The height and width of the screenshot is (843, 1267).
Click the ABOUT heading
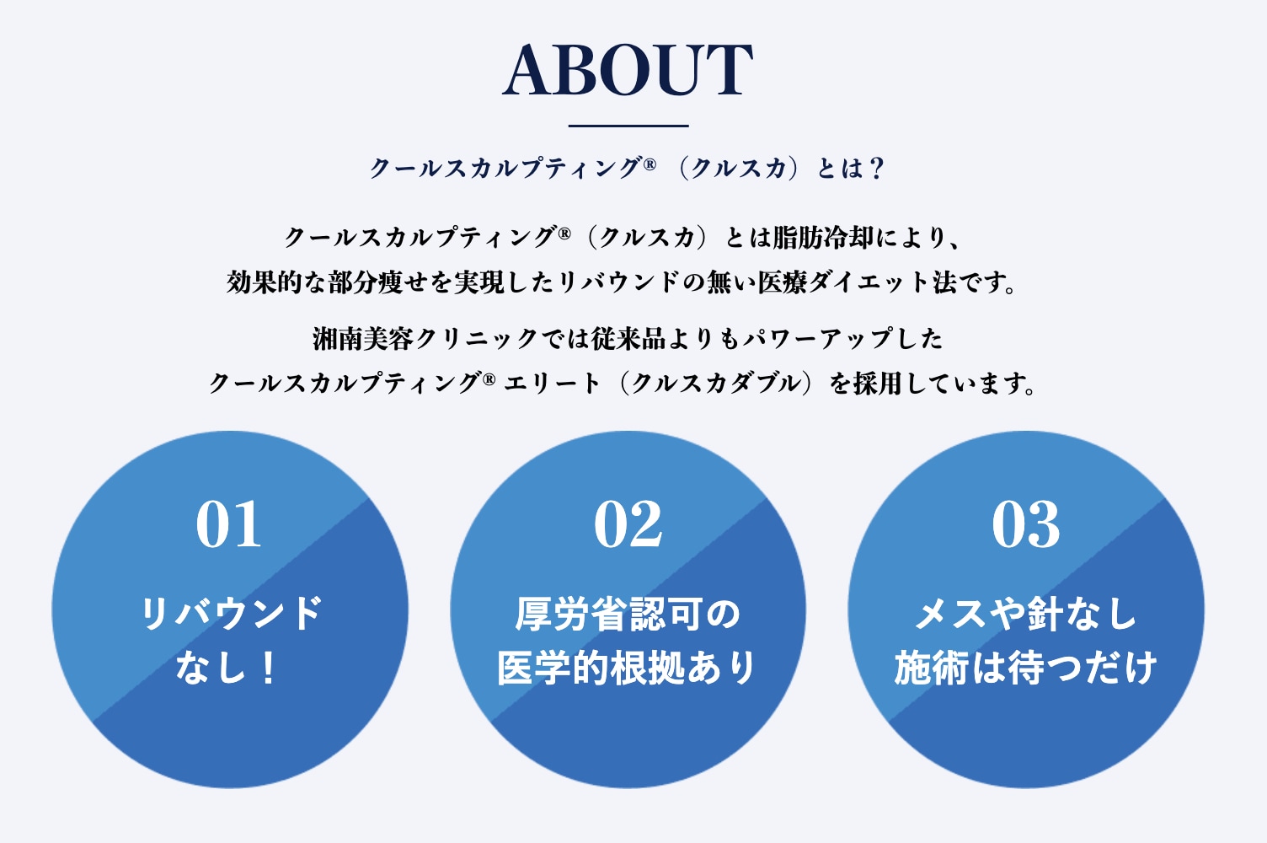tap(628, 70)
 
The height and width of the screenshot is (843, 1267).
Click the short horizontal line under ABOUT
tap(628, 126)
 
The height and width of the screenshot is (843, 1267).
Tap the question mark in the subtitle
tap(877, 168)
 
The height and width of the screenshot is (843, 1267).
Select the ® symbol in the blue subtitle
tap(650, 164)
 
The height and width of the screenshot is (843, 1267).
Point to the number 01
tap(228, 524)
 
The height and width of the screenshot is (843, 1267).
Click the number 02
tap(628, 524)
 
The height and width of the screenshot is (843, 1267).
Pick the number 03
tap(1026, 524)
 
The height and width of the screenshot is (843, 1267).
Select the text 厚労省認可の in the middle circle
tap(628, 614)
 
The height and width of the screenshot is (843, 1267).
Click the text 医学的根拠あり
tap(627, 668)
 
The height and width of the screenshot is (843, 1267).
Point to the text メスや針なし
tap(1025, 614)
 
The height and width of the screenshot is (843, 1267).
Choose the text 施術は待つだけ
tap(1025, 668)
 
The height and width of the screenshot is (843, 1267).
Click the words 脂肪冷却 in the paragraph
tap(823, 238)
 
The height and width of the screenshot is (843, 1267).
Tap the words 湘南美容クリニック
tap(425, 339)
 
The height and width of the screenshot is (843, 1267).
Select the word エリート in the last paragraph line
tap(552, 384)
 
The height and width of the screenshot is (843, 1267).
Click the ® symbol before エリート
tap(489, 379)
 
